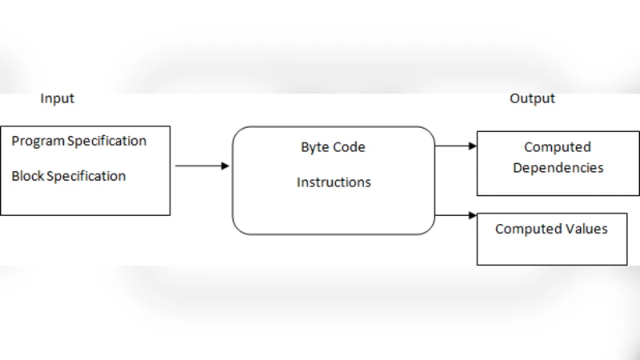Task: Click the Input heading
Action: [57, 98]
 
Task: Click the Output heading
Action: [532, 98]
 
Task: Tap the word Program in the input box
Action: [38, 142]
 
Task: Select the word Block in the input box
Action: [27, 176]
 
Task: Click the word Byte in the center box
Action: [314, 148]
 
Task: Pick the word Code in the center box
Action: [350, 148]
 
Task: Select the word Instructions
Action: [334, 182]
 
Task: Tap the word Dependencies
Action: [558, 168]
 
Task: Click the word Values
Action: [583, 230]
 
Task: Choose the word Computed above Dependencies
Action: [558, 147]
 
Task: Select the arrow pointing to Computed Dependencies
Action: [455, 146]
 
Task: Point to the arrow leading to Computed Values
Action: [455, 215]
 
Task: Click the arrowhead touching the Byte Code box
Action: [226, 166]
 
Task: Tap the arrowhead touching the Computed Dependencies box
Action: [472, 146]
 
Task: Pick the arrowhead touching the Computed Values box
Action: [472, 215]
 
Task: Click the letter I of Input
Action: [42, 98]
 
